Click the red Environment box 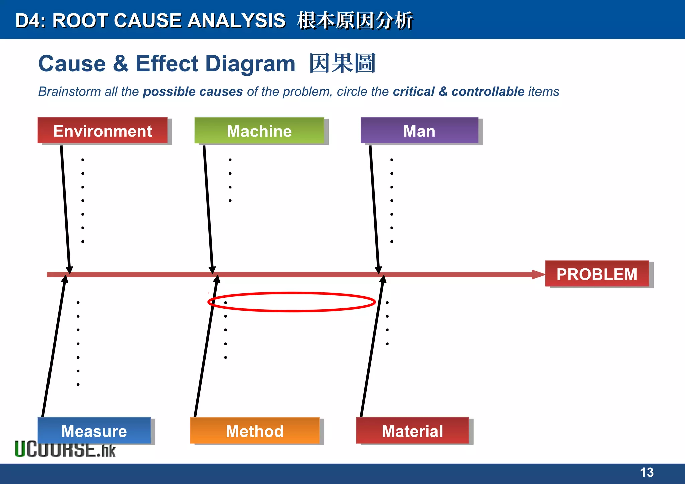(x=102, y=130)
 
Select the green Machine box (x=259, y=130)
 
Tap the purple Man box (x=419, y=130)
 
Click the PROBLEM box (x=597, y=274)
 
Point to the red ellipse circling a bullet (x=292, y=293)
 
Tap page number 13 (x=646, y=472)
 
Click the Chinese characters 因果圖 (x=342, y=63)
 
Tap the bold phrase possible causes (x=193, y=91)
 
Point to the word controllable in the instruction (x=488, y=91)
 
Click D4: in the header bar (x=31, y=21)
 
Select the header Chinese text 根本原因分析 (x=355, y=21)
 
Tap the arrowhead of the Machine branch (x=212, y=270)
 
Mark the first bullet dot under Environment (x=83, y=160)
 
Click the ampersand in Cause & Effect (x=121, y=64)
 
